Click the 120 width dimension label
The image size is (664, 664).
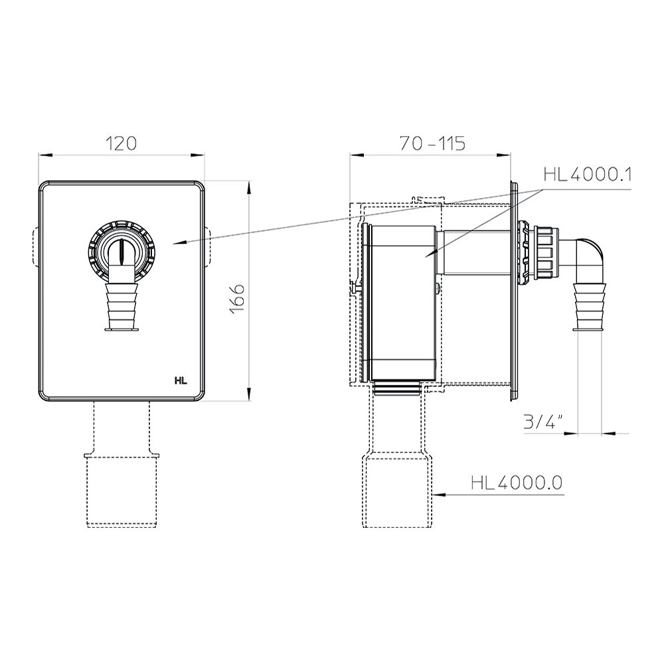pyautogui.click(x=121, y=143)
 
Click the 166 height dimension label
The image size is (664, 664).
pyautogui.click(x=238, y=298)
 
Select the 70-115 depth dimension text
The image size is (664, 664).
pyautogui.click(x=432, y=143)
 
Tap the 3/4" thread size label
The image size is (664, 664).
pyautogui.click(x=543, y=422)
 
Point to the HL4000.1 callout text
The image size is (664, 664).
pyautogui.click(x=587, y=174)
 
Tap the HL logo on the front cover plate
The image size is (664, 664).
pyautogui.click(x=181, y=380)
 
